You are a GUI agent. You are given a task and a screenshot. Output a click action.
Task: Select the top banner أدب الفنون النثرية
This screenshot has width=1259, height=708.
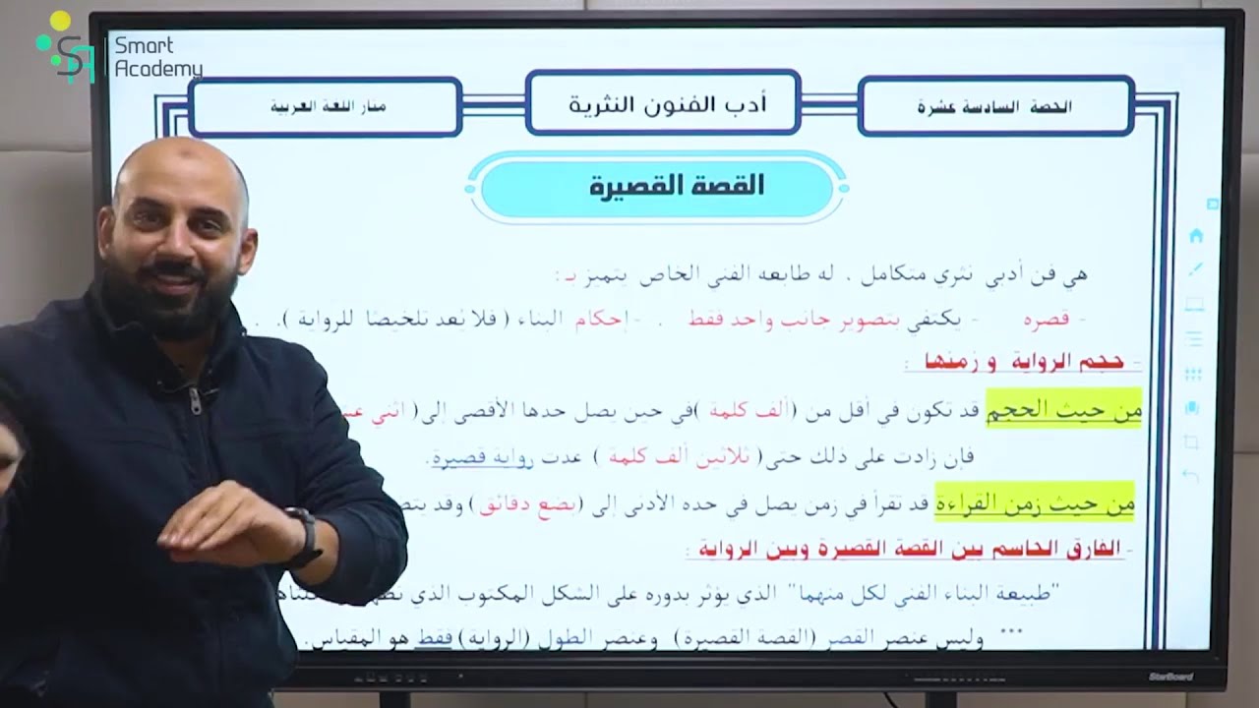click(663, 103)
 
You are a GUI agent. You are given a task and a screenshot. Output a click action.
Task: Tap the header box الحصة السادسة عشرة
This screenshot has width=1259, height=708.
click(995, 106)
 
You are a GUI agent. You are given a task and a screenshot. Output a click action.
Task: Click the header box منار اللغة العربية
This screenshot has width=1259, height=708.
click(328, 106)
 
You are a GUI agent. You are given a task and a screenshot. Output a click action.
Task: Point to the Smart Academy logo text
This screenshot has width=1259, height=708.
click(157, 57)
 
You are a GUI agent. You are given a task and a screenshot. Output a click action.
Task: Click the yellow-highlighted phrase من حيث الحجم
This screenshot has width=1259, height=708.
click(1079, 412)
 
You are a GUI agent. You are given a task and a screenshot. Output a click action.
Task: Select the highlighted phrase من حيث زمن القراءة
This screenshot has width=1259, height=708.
click(1035, 503)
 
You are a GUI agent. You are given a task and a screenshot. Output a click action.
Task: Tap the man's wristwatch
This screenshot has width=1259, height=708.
click(305, 535)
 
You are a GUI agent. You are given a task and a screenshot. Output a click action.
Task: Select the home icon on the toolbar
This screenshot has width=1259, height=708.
click(1196, 236)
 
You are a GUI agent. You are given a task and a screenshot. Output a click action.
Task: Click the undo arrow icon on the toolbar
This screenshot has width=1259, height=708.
click(1191, 476)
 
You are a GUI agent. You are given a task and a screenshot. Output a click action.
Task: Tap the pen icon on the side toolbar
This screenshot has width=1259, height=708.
click(1195, 268)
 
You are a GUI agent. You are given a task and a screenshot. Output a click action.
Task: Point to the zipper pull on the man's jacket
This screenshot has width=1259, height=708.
click(194, 398)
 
